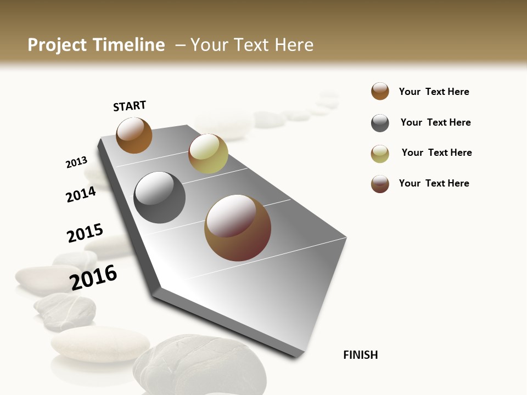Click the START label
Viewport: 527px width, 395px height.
130,106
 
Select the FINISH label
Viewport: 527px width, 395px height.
361,355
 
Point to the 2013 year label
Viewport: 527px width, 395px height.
76,162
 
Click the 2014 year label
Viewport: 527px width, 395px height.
81,194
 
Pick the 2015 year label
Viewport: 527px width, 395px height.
85,233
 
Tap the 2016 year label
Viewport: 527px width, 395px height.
93,277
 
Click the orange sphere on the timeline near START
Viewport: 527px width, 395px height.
134,135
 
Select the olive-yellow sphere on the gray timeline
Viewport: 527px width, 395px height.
208,154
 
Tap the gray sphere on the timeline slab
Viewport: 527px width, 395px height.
160,198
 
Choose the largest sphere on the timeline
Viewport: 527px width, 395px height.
238,228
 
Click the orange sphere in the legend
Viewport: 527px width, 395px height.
380,91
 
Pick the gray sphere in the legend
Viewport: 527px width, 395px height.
380,123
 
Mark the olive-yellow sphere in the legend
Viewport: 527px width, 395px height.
380,154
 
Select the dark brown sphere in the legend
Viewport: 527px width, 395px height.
380,184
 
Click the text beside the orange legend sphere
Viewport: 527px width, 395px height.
434,92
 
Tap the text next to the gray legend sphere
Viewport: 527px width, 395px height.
435,122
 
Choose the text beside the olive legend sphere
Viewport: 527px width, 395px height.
436,153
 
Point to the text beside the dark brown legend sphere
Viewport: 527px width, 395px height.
434,183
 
